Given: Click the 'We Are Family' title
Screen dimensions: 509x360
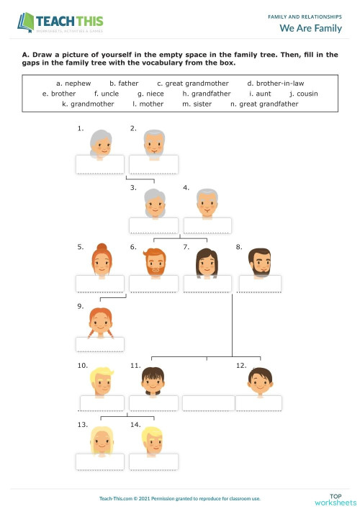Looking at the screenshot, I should point(310,28).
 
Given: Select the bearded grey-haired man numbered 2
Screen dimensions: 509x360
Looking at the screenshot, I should point(153,145).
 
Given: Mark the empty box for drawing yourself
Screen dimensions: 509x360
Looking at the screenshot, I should point(208,403).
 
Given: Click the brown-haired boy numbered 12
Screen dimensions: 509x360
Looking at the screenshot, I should point(259,379).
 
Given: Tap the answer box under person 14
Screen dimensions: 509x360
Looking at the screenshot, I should point(153,461).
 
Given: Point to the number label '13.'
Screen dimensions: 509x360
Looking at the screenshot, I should point(82,425).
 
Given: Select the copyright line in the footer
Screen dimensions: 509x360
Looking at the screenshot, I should point(179,499).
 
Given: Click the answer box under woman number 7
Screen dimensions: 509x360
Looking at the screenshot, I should point(208,283).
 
